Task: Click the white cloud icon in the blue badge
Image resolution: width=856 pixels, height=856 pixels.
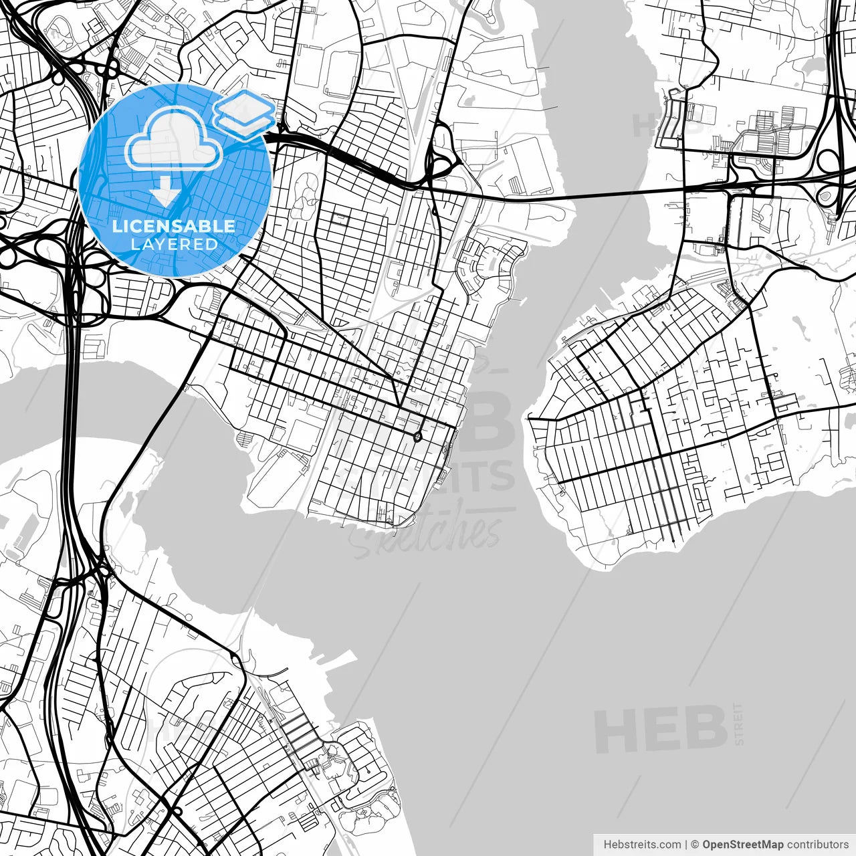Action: tap(174, 139)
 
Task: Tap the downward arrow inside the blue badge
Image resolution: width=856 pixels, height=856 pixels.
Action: tap(165, 193)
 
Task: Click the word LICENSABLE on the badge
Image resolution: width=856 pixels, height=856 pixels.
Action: tap(174, 226)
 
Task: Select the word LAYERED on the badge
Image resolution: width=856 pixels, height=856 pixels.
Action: tap(174, 244)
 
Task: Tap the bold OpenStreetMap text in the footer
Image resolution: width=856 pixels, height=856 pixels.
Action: tap(742, 845)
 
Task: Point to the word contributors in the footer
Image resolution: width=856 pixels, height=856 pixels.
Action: tap(817, 845)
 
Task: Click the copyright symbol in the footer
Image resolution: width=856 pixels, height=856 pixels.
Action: tap(695, 845)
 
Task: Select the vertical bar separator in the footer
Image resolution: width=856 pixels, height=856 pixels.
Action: tap(687, 845)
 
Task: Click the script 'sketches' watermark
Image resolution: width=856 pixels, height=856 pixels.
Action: tap(428, 535)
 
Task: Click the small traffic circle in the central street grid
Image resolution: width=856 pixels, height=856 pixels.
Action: tap(417, 437)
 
